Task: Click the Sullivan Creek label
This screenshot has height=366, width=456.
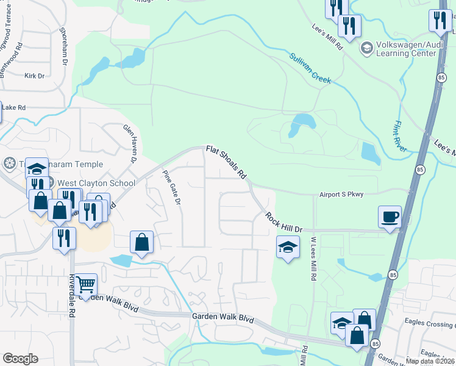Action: pyautogui.click(x=310, y=67)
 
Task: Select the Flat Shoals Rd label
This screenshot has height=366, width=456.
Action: pyautogui.click(x=225, y=162)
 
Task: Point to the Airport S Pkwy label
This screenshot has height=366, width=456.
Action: pyautogui.click(x=341, y=195)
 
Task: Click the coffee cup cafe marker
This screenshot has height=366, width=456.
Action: pyautogui.click(x=390, y=217)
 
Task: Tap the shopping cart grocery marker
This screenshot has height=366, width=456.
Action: pyautogui.click(x=86, y=285)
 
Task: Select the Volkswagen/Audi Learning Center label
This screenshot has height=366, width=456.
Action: pyautogui.click(x=407, y=48)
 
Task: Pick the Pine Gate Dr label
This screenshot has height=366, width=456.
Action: pyautogui.click(x=173, y=187)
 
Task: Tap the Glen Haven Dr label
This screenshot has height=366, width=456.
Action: pyautogui.click(x=131, y=143)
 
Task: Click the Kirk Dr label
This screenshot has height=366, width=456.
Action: pyautogui.click(x=35, y=76)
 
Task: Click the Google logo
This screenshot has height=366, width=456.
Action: pyautogui.click(x=20, y=359)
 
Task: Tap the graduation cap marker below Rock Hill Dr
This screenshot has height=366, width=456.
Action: pyautogui.click(x=288, y=248)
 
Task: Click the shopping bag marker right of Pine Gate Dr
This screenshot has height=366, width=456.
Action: pyautogui.click(x=141, y=243)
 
